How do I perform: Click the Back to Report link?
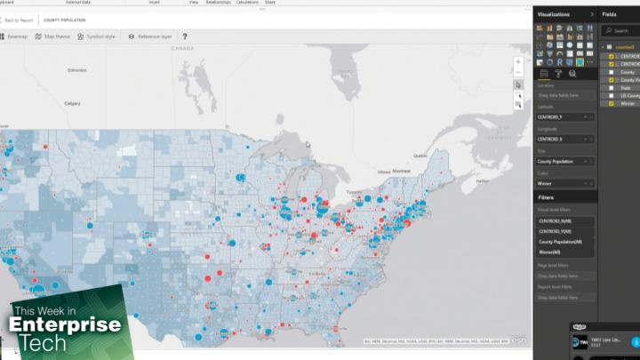tap(18, 20)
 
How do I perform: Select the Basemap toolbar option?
tap(14, 36)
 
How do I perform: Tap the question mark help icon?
tap(184, 36)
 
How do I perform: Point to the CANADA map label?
tap(181, 50)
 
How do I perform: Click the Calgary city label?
tap(73, 103)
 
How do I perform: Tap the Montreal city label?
tap(402, 170)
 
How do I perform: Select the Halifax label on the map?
tap(483, 180)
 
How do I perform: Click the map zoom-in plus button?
tap(518, 61)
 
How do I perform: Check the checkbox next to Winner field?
tap(612, 103)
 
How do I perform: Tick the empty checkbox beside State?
tap(612, 87)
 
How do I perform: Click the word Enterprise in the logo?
tap(64, 325)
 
